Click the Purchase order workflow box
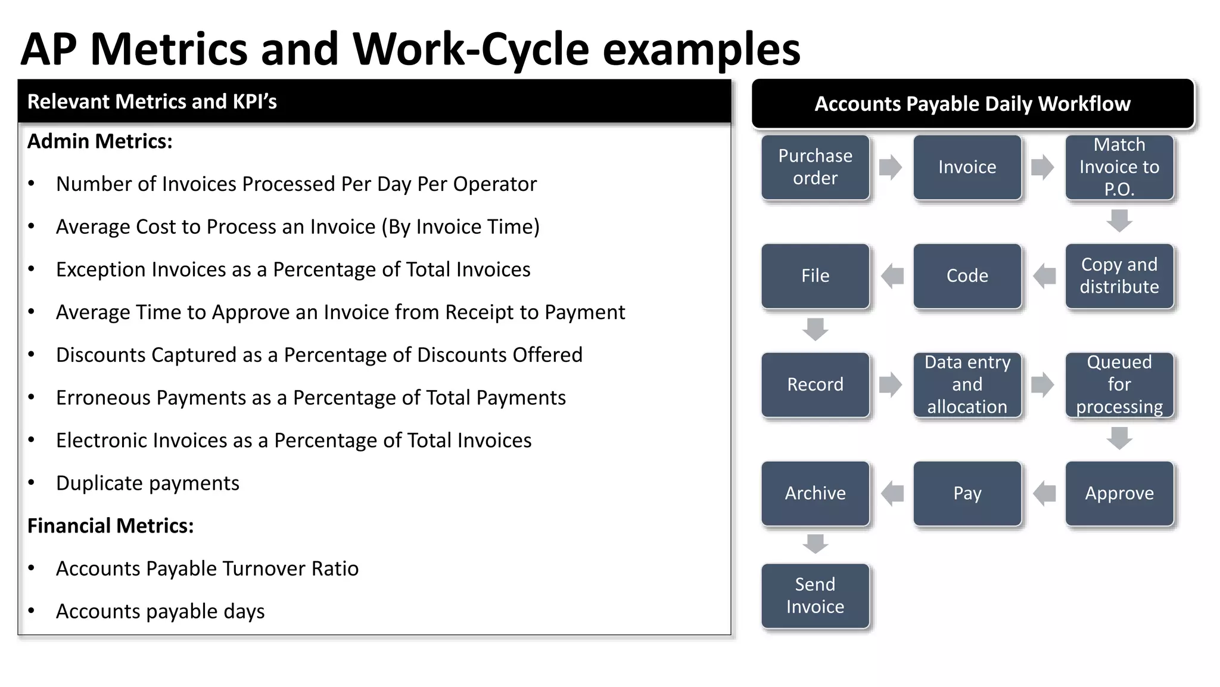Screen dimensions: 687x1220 pyautogui.click(x=815, y=167)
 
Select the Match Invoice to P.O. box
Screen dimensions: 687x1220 pyautogui.click(x=1119, y=167)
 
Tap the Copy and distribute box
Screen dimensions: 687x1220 pyautogui.click(x=1119, y=276)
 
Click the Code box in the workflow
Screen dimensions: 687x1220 pyautogui.click(x=967, y=276)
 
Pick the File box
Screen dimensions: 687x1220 pyautogui.click(x=815, y=276)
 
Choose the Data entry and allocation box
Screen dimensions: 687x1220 pyautogui.click(x=967, y=385)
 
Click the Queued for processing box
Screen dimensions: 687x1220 pyautogui.click(x=1119, y=385)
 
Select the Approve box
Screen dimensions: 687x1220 pyautogui.click(x=1119, y=493)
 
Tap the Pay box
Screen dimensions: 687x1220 pyautogui.click(x=967, y=493)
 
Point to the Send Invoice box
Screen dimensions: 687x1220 pyautogui.click(x=815, y=595)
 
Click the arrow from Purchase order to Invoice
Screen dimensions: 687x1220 pyautogui.click(x=891, y=167)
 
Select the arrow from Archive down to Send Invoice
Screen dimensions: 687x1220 pyautogui.click(x=815, y=543)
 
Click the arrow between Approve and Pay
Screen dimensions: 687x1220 pyautogui.click(x=1044, y=493)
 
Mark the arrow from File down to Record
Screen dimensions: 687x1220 pyautogui.click(x=815, y=329)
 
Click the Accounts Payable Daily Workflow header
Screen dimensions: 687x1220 pyautogui.click(x=972, y=104)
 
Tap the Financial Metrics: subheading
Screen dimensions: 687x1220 pyautogui.click(x=111, y=526)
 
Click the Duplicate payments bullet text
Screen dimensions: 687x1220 pyautogui.click(x=147, y=483)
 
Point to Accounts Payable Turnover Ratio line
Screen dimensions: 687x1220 pyautogui.click(x=207, y=569)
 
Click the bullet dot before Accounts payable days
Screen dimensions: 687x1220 pyautogui.click(x=32, y=611)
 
